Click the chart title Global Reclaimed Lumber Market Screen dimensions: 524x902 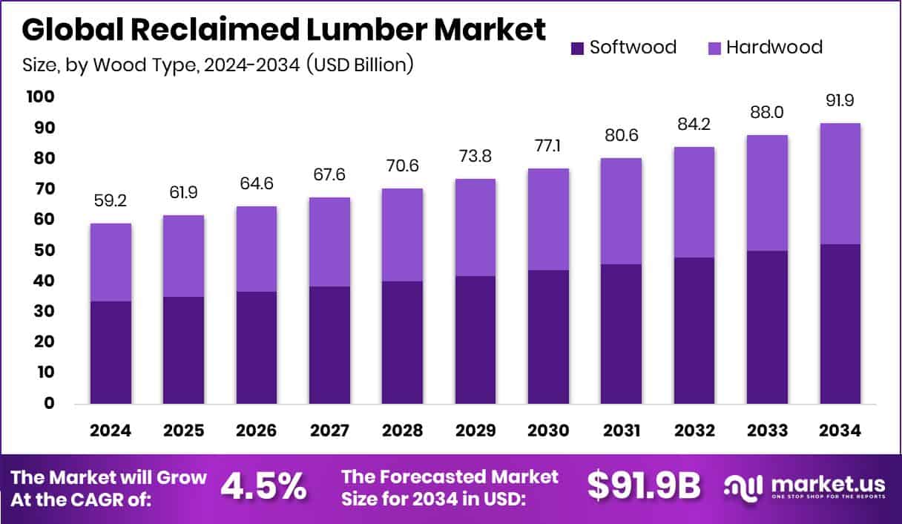click(283, 30)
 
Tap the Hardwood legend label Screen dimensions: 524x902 click(774, 48)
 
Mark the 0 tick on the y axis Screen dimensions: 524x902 click(49, 403)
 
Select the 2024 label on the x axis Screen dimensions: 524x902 click(111, 431)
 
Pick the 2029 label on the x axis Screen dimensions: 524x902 click(475, 431)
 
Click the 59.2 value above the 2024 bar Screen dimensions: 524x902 click(111, 200)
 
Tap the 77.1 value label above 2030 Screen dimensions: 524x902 click(548, 145)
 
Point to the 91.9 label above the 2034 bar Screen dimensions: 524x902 click(840, 100)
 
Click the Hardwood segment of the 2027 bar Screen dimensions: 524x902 click(329, 242)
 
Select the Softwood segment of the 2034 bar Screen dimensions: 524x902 click(840, 324)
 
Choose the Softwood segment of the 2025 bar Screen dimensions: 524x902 click(183, 350)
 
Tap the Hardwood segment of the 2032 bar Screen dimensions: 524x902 click(694, 202)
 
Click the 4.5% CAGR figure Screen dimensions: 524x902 click(263, 486)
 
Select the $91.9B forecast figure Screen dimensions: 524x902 click(643, 486)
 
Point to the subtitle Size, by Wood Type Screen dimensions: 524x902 click(217, 65)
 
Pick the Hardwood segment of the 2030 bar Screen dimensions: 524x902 click(548, 219)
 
